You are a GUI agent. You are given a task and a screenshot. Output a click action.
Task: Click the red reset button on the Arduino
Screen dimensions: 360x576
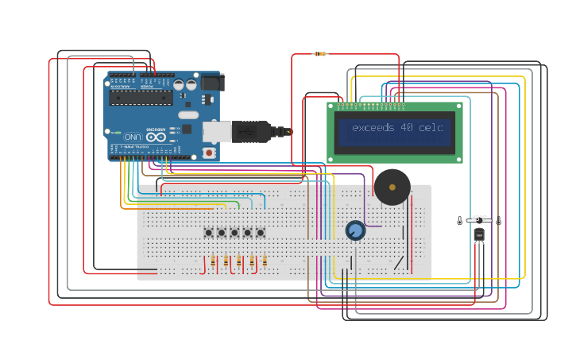click(209, 152)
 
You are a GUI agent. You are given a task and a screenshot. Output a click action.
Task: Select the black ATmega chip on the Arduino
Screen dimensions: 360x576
click(141, 97)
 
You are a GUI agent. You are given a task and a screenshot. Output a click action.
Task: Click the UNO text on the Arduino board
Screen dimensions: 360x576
click(132, 137)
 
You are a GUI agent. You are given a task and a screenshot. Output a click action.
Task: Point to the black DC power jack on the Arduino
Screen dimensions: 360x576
click(212, 82)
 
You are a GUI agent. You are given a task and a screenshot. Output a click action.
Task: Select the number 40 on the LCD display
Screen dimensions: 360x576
click(407, 128)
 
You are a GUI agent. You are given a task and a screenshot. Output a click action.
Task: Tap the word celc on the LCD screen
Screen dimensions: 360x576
click(431, 128)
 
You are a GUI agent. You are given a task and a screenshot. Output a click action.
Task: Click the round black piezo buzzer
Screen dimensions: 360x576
click(392, 187)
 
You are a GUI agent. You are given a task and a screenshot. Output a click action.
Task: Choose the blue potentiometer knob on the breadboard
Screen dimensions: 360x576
click(355, 230)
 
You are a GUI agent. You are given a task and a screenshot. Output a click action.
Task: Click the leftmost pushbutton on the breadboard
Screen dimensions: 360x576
click(209, 233)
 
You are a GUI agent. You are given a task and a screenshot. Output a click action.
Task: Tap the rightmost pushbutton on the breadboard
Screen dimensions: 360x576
click(260, 233)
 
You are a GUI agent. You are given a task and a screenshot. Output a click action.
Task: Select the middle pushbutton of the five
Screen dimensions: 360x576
click(234, 233)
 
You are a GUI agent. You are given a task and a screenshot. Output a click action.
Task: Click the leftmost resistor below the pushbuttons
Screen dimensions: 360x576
click(213, 261)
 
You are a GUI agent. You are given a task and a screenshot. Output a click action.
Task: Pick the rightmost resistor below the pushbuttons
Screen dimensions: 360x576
click(265, 261)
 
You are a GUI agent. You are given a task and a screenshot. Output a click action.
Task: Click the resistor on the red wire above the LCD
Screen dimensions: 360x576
click(319, 54)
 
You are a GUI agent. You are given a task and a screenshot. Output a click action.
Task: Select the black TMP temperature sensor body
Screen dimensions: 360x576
click(479, 234)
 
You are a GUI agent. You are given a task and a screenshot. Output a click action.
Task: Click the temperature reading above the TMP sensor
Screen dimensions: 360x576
click(479, 217)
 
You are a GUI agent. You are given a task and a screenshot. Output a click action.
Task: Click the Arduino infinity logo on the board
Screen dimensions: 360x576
click(156, 137)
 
